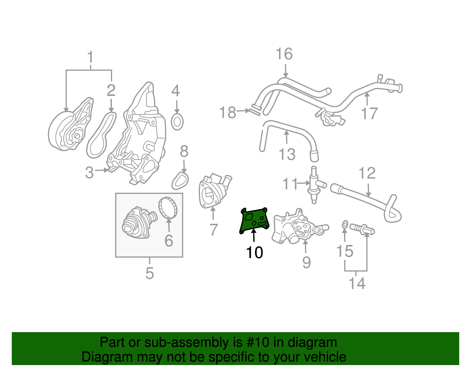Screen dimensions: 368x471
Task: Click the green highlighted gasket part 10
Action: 254,220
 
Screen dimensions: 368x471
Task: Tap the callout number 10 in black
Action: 254,253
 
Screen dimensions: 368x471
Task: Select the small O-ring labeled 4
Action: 177,122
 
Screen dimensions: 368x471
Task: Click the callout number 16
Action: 284,54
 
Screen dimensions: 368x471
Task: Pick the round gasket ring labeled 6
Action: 168,208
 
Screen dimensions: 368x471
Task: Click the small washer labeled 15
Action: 345,225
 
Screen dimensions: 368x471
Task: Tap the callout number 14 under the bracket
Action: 357,283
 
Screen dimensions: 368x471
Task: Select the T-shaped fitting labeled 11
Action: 314,185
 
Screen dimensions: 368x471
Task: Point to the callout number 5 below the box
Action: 150,273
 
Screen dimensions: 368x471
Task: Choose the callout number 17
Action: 369,113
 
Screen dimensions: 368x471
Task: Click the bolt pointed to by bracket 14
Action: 362,229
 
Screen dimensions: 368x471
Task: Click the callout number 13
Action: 287,154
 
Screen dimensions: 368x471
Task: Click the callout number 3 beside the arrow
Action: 89,172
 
